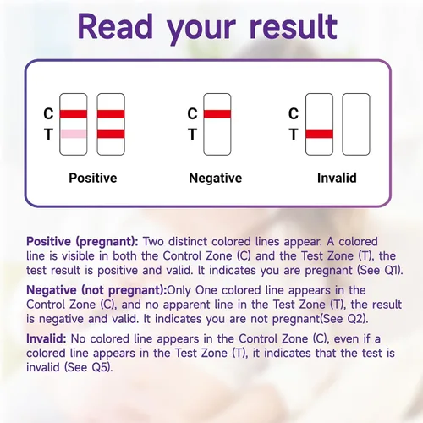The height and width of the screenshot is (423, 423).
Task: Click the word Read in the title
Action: tap(115, 26)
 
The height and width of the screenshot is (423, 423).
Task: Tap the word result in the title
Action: tap(294, 26)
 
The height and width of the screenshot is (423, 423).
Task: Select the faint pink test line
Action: tap(74, 134)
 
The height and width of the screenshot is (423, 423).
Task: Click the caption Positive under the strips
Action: tap(93, 178)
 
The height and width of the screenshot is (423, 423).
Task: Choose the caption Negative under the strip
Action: tap(216, 178)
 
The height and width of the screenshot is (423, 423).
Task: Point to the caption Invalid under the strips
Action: tap(337, 178)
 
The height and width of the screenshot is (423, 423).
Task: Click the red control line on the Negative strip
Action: tap(217, 114)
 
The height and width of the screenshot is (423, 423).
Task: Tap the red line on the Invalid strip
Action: tap(319, 134)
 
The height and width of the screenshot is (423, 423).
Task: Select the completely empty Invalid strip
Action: tap(356, 124)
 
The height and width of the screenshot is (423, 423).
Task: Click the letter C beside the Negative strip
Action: tap(192, 113)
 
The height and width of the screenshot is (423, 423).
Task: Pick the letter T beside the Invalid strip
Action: tap(294, 134)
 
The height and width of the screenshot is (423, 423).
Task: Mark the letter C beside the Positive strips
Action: tap(48, 113)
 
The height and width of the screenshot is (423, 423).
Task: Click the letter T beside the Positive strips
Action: tap(48, 134)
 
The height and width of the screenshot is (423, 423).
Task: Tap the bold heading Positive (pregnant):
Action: tap(82, 242)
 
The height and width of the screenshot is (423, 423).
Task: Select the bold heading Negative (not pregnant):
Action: tap(96, 290)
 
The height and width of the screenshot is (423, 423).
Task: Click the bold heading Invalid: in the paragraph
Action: tap(47, 338)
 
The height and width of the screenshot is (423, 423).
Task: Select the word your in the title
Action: tap(201, 30)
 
